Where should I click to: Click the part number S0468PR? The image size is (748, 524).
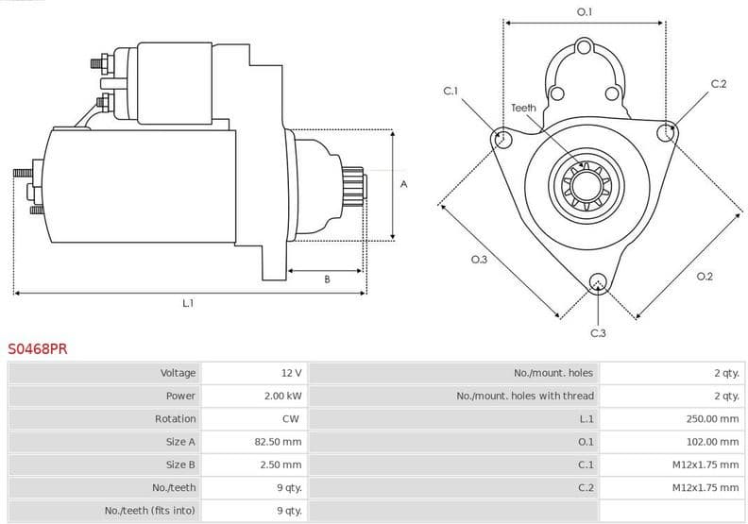[x=38, y=348]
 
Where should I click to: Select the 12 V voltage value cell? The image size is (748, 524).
[x=290, y=373]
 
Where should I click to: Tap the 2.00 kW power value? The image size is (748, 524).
[x=282, y=396]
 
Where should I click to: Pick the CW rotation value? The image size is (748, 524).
[x=291, y=418]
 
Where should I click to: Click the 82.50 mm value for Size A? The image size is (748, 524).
[x=280, y=441]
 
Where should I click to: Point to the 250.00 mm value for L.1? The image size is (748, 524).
[x=712, y=418]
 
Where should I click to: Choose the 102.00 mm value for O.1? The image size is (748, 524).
[x=712, y=441]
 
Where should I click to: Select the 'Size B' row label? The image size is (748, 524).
[x=180, y=464]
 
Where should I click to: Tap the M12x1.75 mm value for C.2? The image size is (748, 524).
[x=704, y=487]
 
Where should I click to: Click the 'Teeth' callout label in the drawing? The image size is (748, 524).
[x=523, y=108]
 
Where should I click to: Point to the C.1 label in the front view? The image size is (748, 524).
[x=450, y=91]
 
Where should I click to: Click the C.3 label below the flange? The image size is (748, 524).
[x=598, y=333]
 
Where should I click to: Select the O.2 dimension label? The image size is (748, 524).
[x=704, y=276]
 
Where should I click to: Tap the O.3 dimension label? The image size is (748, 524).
[x=479, y=259]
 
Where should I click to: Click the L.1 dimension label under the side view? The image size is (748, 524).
[x=188, y=303]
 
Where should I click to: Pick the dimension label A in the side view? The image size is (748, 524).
[x=403, y=184]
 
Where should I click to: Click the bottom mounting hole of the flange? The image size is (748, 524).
[x=597, y=281]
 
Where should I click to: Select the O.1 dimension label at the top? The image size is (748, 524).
[x=585, y=11]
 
